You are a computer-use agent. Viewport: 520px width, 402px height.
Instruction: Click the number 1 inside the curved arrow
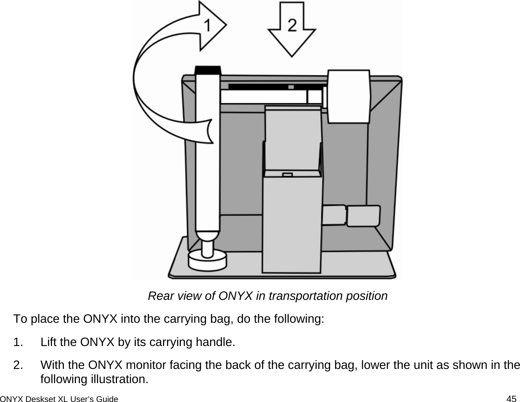[x=207, y=26]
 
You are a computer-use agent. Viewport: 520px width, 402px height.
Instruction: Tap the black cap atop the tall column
[x=208, y=70]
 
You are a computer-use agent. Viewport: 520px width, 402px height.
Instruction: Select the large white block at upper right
[x=349, y=96]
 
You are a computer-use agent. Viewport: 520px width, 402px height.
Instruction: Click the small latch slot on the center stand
[x=287, y=175]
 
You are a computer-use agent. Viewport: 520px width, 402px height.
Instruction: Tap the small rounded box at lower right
[x=363, y=216]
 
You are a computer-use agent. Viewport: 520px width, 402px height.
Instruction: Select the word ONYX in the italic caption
[x=236, y=296]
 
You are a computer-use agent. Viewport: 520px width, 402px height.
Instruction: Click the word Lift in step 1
[x=48, y=342]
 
